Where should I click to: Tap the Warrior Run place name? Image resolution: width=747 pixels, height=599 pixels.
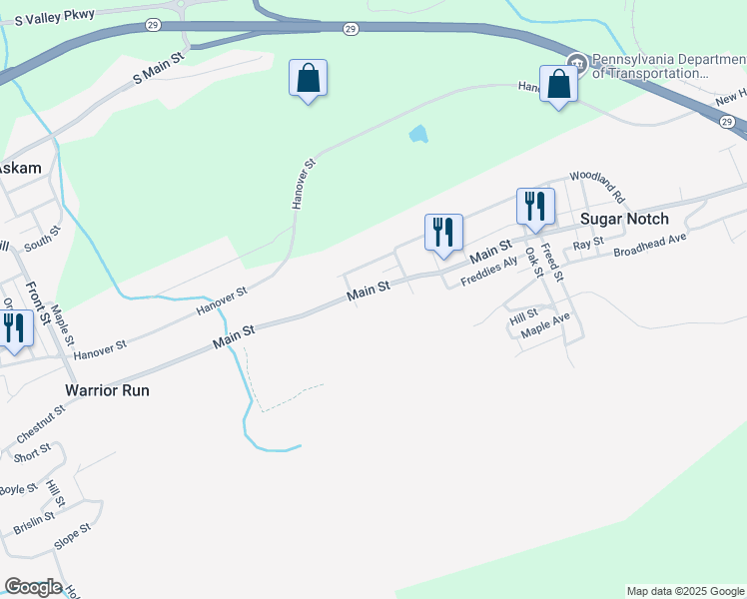coord(107,390)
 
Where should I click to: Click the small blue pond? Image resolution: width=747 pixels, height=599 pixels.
coord(418,134)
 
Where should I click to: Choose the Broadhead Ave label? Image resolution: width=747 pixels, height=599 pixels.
coord(650,246)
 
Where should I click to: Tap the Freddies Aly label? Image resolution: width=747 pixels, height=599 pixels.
coord(489,273)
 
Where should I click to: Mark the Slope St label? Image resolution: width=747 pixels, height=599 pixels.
coord(72,539)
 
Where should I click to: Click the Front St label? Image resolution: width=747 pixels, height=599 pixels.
coord(44,303)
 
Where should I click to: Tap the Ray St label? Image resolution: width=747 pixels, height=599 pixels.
coord(588,243)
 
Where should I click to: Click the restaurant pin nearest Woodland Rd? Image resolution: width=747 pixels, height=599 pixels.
coord(535,206)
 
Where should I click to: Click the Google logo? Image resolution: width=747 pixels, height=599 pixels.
coord(33,587)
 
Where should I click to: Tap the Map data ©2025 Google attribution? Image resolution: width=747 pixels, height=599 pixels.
coord(685,591)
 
